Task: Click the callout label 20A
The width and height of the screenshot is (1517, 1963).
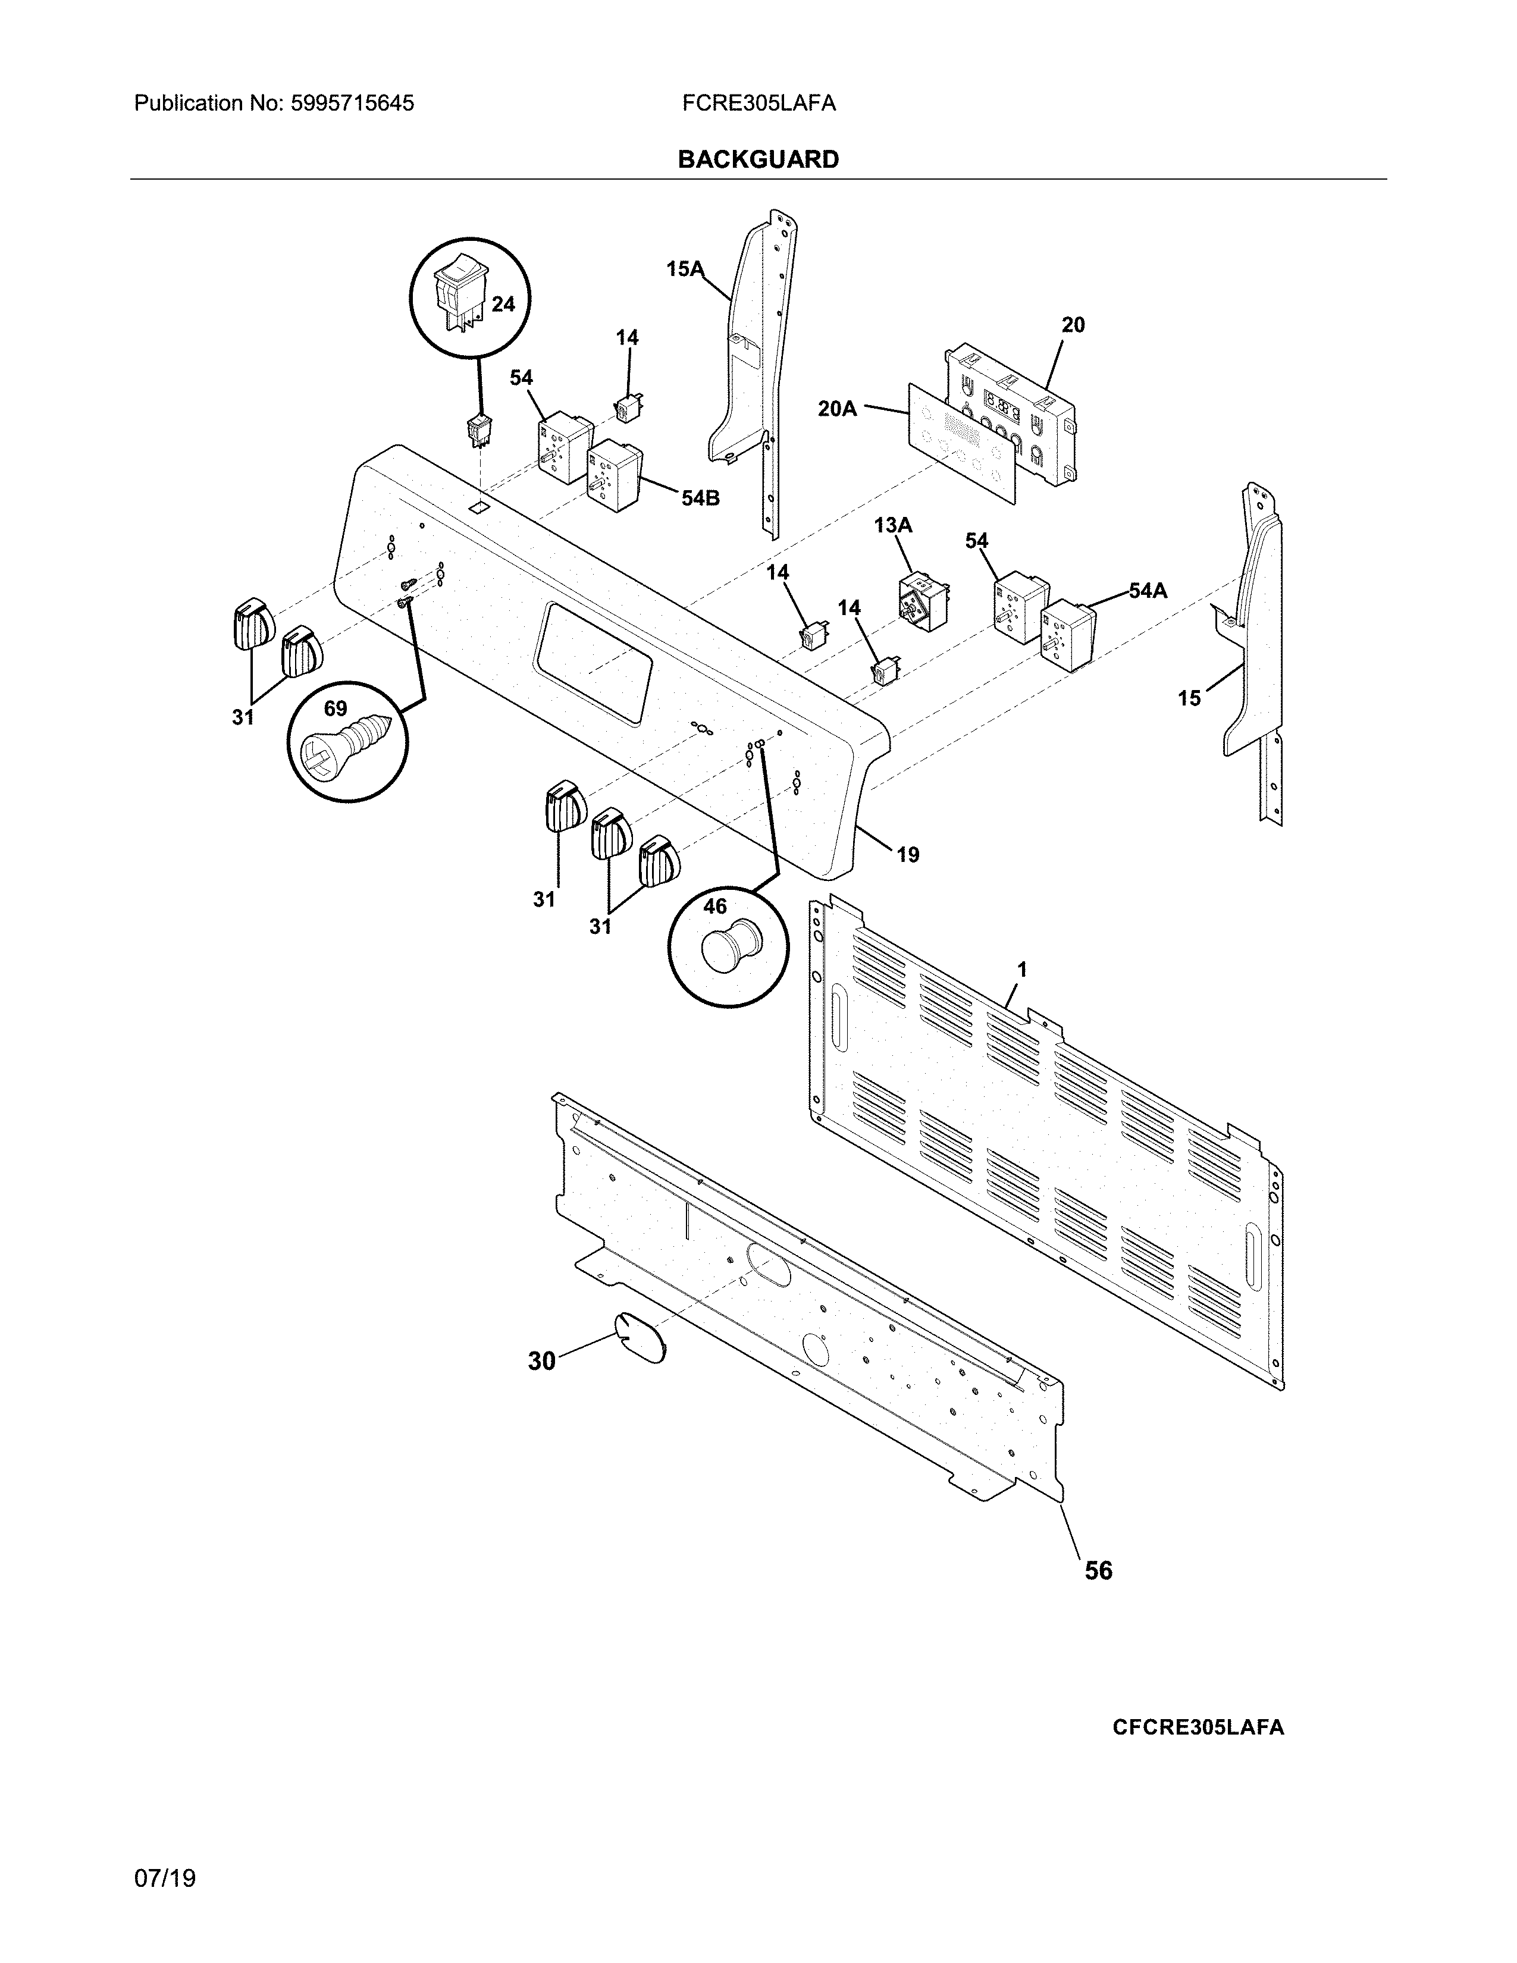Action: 836,409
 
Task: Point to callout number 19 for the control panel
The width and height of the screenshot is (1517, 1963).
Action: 908,855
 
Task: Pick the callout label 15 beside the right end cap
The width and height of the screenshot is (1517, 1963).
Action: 1189,698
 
